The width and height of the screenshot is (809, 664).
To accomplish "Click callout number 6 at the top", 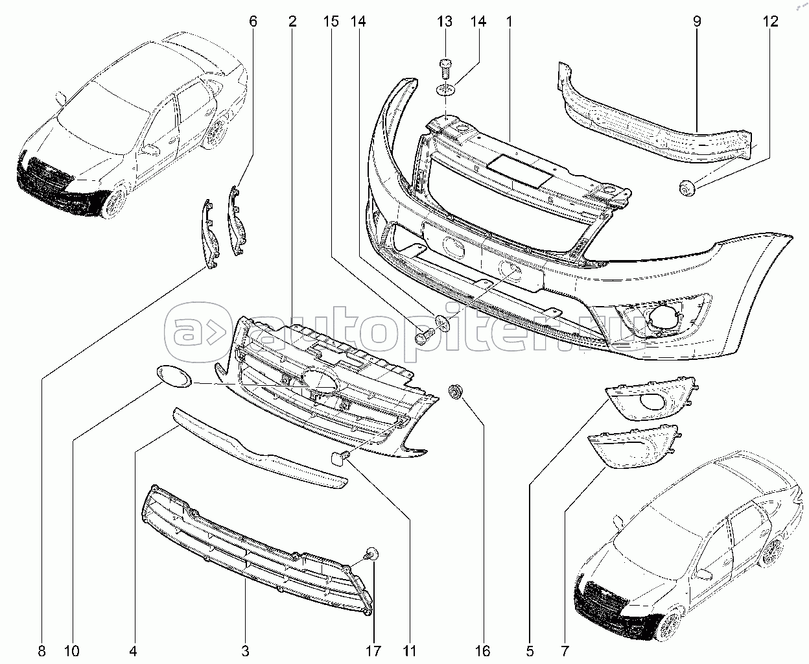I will [x=253, y=21].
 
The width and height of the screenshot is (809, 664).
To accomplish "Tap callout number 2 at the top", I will [x=292, y=21].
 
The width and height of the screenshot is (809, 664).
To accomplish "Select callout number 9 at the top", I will [x=697, y=21].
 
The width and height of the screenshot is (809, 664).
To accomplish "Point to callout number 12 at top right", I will [x=769, y=21].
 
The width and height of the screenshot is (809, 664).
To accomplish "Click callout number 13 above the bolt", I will [x=444, y=21].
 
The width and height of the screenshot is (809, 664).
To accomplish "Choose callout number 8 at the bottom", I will [x=43, y=650].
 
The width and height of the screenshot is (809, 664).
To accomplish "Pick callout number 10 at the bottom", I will [x=71, y=650].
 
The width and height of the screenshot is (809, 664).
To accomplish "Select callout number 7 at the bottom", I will [x=565, y=650].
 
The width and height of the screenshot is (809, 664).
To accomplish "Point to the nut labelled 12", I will [x=686, y=188].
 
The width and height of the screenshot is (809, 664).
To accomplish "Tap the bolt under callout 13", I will [x=445, y=67].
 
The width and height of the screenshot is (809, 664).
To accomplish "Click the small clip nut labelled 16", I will [x=456, y=391].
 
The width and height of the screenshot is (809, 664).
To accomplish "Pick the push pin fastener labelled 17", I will [x=372, y=554].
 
